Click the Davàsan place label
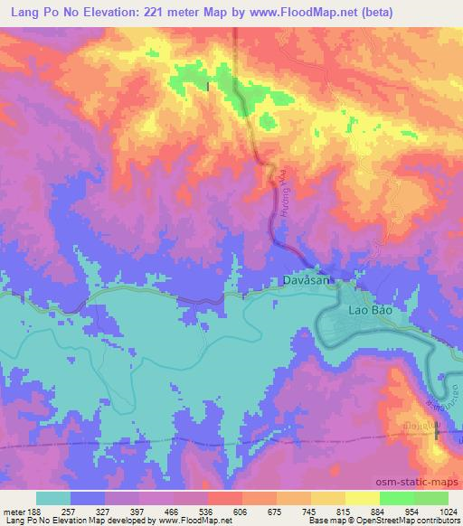tap(302, 282)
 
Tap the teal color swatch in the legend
tap(53, 497)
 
